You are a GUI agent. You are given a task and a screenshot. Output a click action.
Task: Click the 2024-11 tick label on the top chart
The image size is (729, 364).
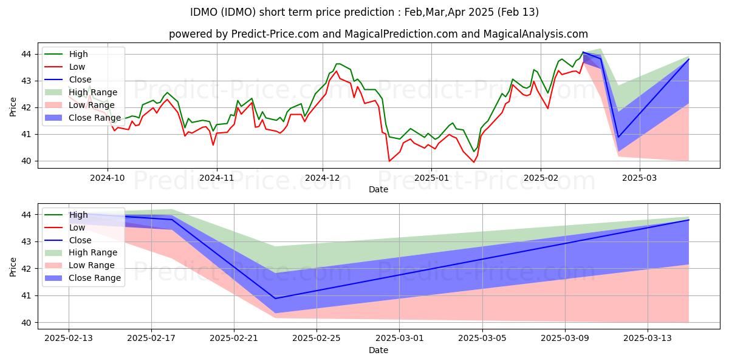(216, 178)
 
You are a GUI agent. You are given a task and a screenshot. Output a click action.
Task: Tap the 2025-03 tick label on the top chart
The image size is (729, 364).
(640, 178)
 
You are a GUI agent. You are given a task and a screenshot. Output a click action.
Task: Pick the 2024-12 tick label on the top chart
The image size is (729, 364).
(323, 178)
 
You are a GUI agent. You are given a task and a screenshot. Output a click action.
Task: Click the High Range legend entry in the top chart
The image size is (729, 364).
(92, 92)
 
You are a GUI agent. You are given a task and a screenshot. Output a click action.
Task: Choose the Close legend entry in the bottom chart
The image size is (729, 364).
(81, 240)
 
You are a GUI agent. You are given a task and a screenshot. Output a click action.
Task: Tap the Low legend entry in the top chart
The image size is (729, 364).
(77, 67)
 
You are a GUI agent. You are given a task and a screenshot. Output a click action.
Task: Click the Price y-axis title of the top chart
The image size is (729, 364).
(13, 107)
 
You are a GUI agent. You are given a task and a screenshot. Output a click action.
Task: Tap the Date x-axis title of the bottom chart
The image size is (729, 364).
(378, 351)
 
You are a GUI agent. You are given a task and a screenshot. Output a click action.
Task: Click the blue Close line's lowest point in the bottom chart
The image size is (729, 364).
(275, 298)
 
